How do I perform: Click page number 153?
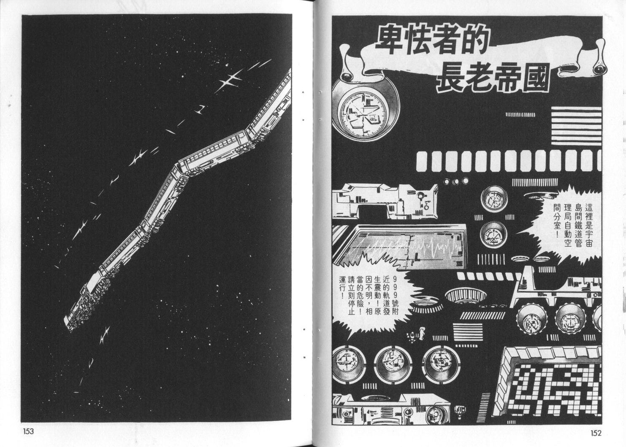28,431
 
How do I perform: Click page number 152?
596,433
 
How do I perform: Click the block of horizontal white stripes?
576,126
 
